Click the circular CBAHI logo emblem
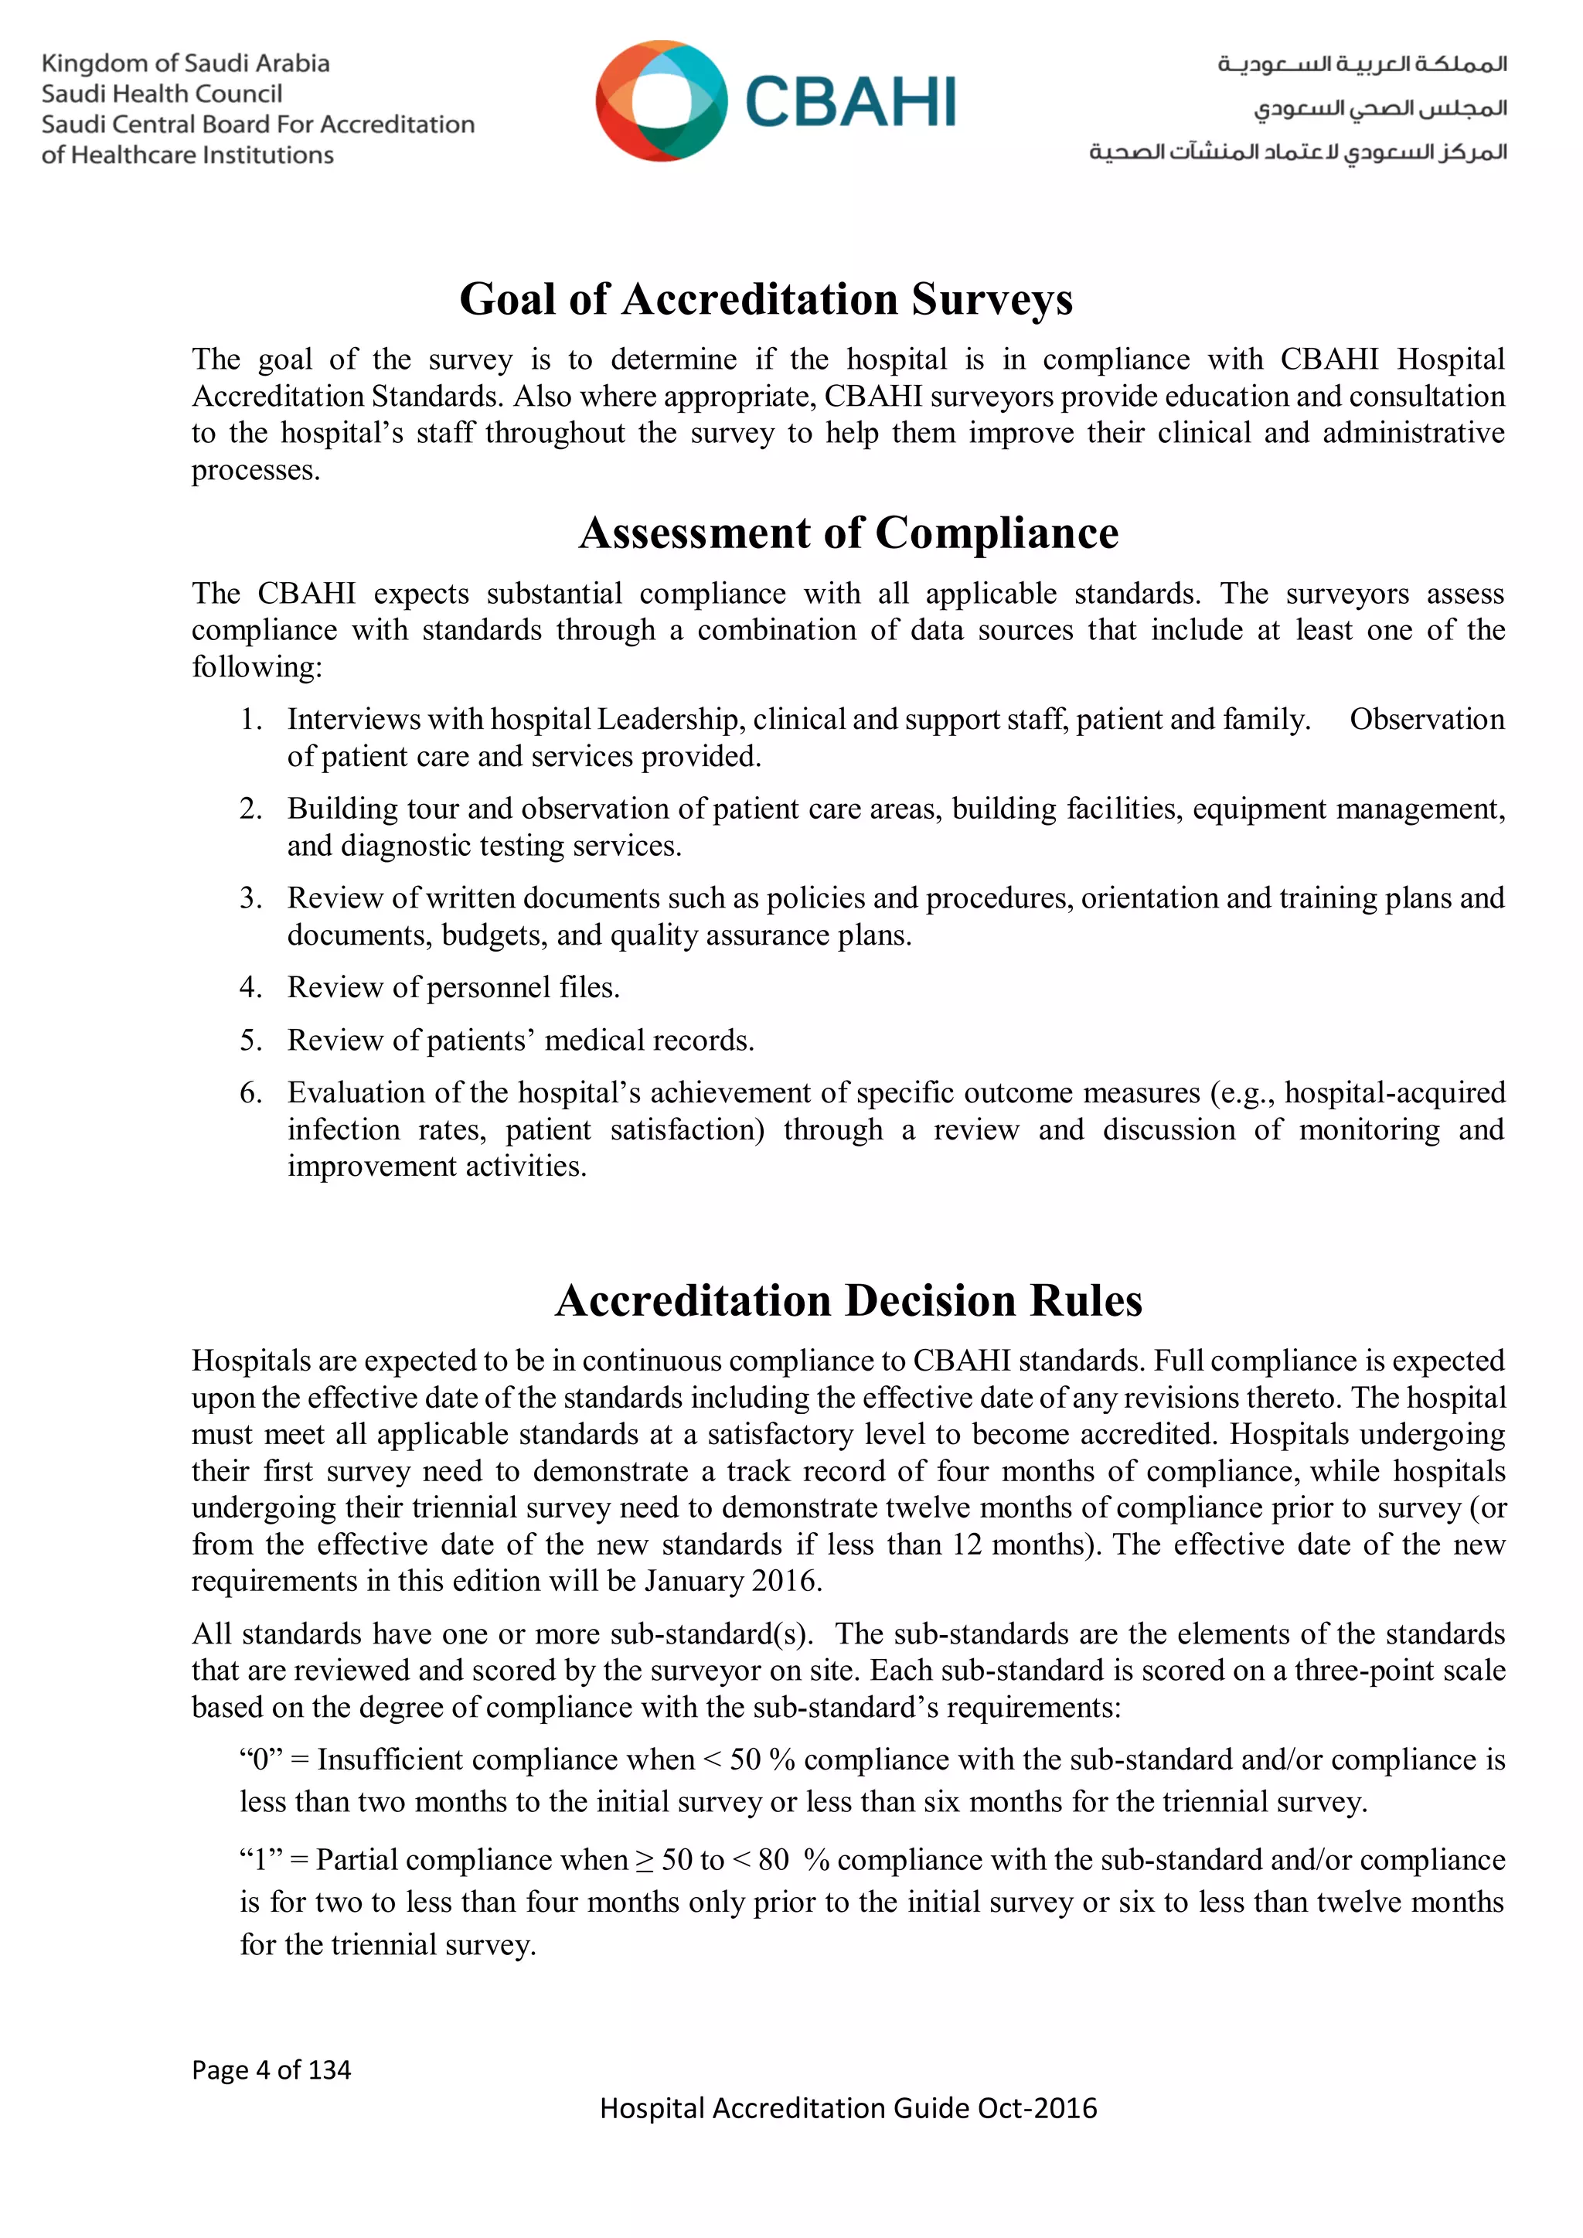661,100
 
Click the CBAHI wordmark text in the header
850,102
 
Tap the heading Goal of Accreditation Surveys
765,299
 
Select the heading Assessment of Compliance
848,533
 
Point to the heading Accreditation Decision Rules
848,1301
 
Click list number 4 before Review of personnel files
250,987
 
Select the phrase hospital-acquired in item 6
1395,1092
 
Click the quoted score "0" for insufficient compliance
260,1760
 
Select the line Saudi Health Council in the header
162,94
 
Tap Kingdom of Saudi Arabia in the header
186,64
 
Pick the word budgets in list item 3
494,935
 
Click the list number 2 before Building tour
250,809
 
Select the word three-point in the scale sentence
1360,1671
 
